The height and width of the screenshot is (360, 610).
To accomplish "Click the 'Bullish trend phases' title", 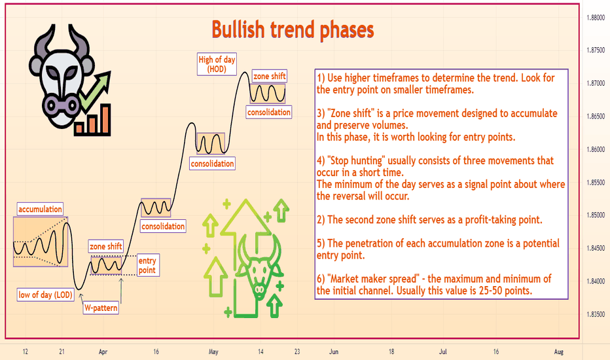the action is (293, 30).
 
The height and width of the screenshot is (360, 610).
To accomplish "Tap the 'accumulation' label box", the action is (40, 209).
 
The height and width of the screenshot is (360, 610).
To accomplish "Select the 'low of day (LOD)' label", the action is (46, 295).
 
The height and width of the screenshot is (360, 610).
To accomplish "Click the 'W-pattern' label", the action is (101, 308).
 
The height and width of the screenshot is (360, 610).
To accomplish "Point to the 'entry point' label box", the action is (147, 266).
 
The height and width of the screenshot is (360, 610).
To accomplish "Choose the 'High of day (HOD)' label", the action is (217, 64).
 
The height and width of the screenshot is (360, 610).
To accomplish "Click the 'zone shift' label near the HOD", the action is (269, 77).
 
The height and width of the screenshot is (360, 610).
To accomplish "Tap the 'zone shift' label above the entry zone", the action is (106, 246).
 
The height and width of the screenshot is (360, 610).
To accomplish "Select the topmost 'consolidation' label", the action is (269, 112).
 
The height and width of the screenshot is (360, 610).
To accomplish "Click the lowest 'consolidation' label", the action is (163, 226).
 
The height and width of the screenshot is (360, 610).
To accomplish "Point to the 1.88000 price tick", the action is (596, 18).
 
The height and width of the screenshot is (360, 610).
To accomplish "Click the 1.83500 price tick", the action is (596, 314).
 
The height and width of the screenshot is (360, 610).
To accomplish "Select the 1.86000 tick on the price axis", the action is (596, 149).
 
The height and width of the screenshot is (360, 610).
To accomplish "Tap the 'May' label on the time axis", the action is (213, 352).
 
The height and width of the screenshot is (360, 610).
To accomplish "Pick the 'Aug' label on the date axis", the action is (559, 352).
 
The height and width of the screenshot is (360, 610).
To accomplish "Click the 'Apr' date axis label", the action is (103, 352).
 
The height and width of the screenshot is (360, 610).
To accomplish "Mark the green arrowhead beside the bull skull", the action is (104, 79).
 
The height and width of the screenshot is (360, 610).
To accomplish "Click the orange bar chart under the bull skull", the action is (92, 120).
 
